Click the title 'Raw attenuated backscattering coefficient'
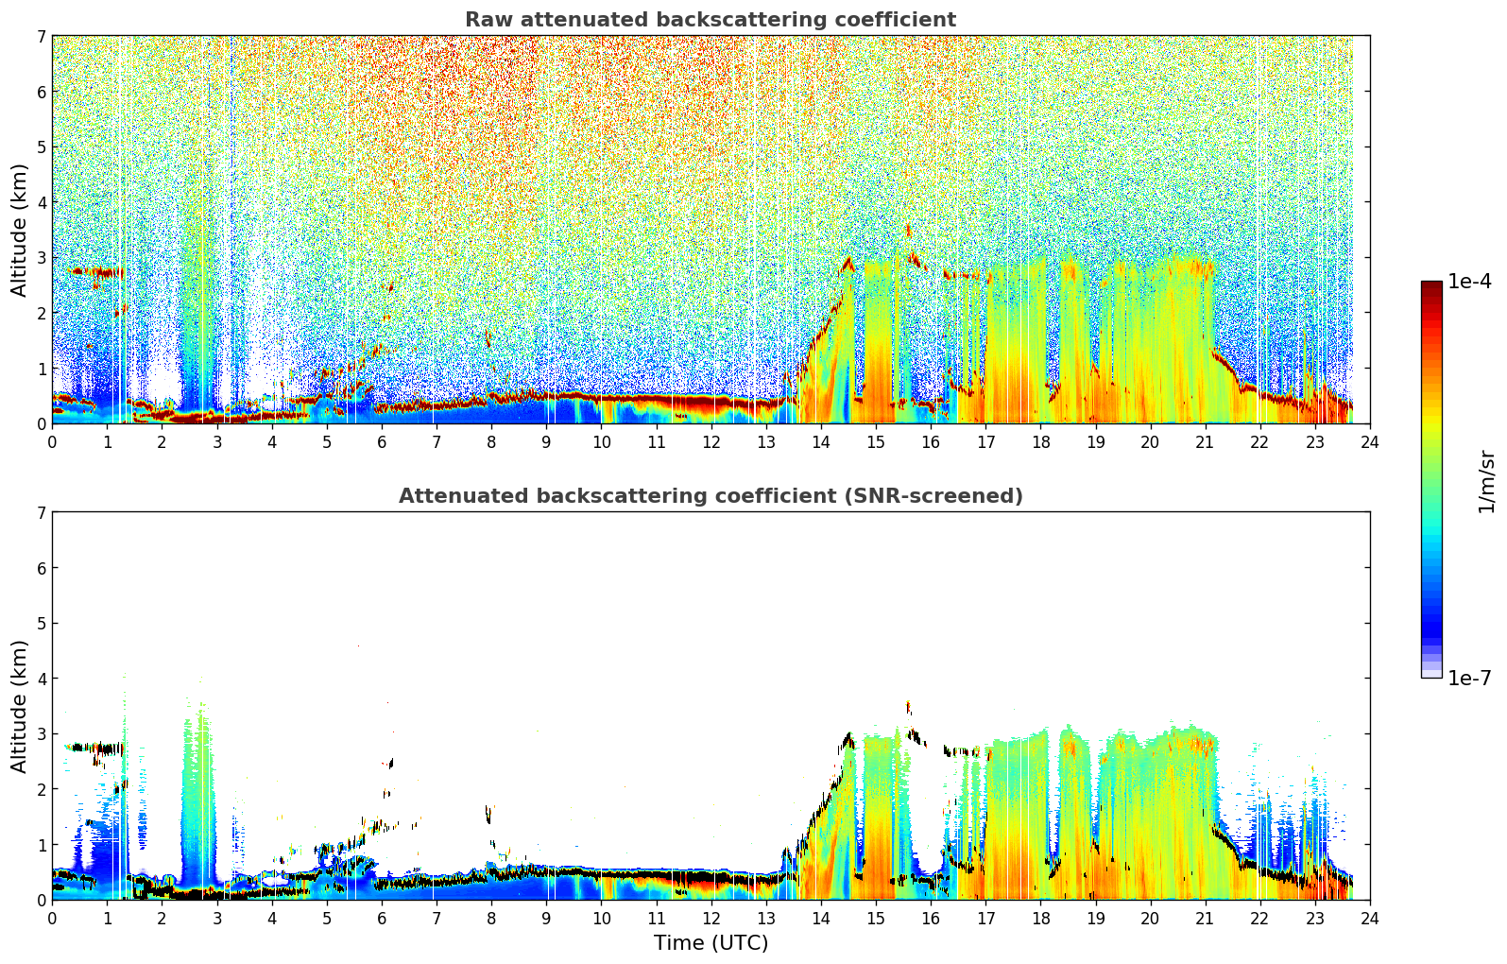[x=711, y=20]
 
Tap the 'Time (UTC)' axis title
[x=711, y=942]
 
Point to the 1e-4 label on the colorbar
[x=1469, y=282]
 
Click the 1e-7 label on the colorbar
[x=1469, y=678]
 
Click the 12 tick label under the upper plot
[x=711, y=442]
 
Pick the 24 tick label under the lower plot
[x=1370, y=919]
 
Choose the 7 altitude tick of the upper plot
[x=41, y=36]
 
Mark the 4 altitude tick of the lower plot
[x=41, y=679]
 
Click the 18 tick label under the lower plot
[x=1041, y=919]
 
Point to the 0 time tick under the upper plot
[x=53, y=442]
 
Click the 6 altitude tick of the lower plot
[x=41, y=567]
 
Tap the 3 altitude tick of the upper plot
[x=41, y=258]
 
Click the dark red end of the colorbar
[x=1431, y=285]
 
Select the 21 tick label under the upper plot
[x=1205, y=442]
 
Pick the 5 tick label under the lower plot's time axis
[x=327, y=919]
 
